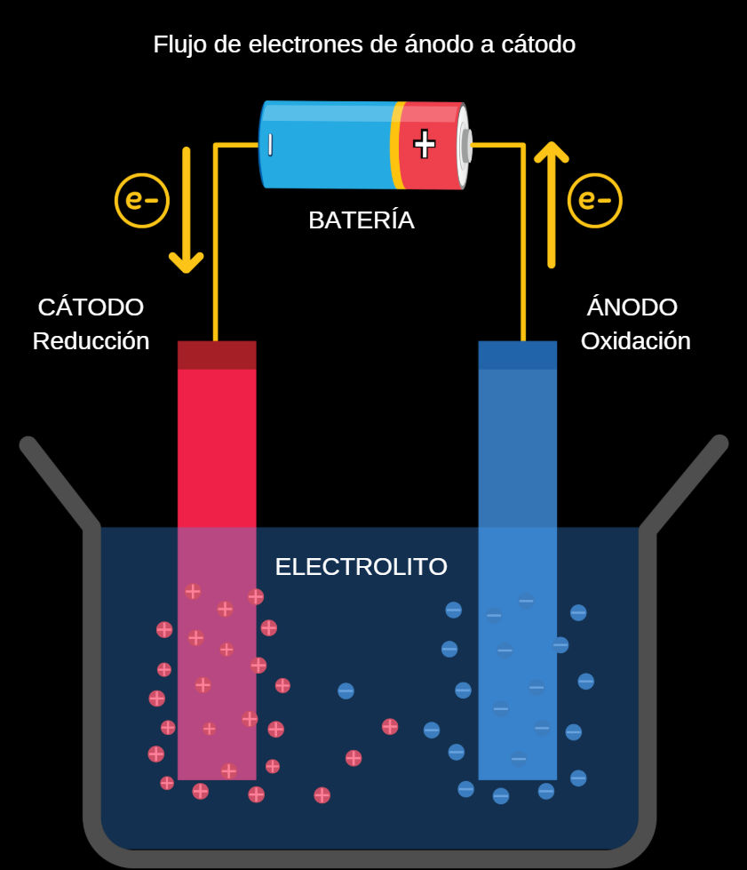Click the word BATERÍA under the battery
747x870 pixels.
361,220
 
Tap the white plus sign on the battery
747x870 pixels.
425,143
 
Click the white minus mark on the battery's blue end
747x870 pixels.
270,145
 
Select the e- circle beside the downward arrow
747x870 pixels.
142,200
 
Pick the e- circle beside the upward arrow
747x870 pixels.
594,200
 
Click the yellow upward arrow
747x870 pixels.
552,204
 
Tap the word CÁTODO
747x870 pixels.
91,307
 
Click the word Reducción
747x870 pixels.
91,341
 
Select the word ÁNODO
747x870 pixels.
632,307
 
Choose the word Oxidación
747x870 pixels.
635,341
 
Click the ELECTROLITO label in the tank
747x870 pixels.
361,567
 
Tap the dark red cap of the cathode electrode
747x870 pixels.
217,355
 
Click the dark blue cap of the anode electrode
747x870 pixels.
517,355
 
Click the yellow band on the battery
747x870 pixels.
396,146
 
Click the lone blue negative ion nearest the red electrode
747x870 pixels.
346,690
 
